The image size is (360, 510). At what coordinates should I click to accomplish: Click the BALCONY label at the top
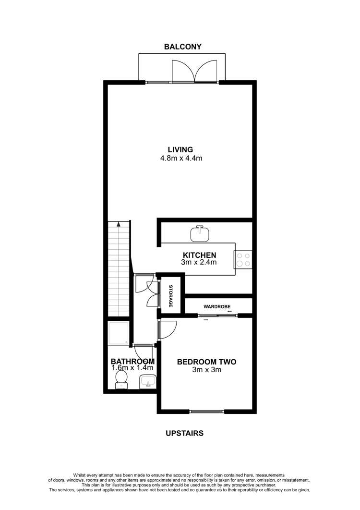182,47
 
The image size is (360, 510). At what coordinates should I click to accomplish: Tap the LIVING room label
180,149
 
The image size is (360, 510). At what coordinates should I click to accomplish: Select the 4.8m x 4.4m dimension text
180,158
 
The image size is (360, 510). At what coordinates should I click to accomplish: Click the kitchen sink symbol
201,233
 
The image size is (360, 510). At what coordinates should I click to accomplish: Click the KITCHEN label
199,255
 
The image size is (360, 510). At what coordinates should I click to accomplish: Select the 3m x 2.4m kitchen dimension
199,263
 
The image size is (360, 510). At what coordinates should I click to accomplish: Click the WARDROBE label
218,305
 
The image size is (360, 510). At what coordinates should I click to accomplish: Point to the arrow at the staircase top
118,224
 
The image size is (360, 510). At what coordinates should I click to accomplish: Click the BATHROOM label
132,361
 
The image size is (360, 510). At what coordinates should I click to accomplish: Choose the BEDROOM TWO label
206,362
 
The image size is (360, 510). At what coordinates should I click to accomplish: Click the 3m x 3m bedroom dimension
206,370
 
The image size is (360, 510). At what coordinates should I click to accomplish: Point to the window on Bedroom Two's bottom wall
207,411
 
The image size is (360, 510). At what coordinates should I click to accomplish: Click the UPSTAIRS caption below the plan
184,433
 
